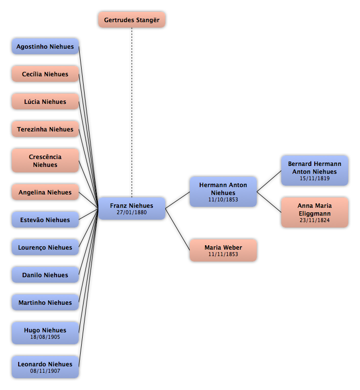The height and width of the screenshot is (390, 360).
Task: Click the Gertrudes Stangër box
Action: [x=132, y=20]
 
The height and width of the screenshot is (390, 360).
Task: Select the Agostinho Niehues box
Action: [x=45, y=46]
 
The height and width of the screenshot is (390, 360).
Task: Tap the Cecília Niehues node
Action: [x=45, y=74]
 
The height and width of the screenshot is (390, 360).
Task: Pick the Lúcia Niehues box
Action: [x=45, y=101]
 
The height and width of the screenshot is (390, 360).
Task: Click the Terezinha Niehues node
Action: [x=45, y=129]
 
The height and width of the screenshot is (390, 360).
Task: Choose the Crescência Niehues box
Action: [x=45, y=161]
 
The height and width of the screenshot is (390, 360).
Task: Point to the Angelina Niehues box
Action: [x=45, y=192]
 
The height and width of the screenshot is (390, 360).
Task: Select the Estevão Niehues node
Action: [x=45, y=220]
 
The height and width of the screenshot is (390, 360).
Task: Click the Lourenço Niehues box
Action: [x=45, y=247]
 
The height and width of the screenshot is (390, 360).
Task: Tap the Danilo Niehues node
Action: [x=45, y=275]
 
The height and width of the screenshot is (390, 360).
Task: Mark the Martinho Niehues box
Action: [x=45, y=302]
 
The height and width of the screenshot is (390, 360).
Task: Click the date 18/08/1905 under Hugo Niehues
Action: [x=45, y=337]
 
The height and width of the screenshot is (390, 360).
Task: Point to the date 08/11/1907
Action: [x=45, y=371]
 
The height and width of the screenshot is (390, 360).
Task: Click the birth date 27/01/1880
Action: [x=132, y=212]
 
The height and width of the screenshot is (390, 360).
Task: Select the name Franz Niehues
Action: [x=132, y=206]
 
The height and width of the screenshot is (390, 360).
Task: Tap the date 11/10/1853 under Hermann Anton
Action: [x=223, y=199]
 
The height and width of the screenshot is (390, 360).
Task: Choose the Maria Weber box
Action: [x=223, y=250]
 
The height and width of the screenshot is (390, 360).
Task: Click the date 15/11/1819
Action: [x=315, y=178]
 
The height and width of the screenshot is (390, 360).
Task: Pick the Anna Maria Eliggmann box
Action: [x=315, y=212]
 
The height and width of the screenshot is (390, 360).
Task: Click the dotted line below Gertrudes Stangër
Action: [x=132, y=112]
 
